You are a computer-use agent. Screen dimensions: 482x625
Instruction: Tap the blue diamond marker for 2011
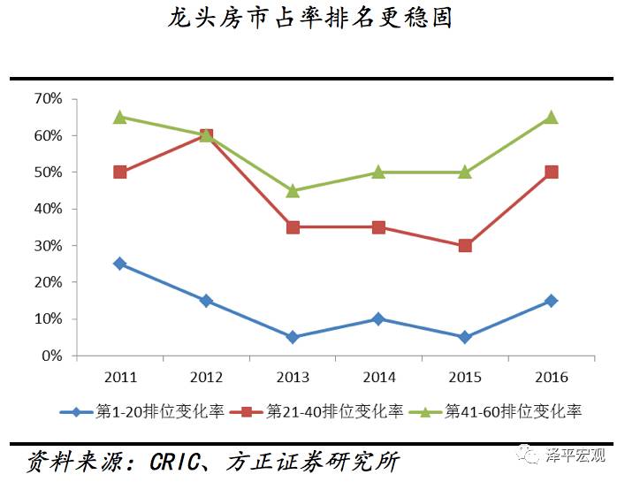coord(120,264)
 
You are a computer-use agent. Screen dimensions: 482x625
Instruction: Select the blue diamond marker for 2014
coord(378,318)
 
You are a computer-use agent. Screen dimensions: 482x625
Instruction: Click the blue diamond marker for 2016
coord(551,301)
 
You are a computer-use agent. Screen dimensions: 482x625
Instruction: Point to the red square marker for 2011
coord(120,172)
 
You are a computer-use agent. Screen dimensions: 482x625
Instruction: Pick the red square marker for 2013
coord(293,227)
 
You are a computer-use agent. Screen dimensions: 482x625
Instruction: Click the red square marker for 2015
coord(465,246)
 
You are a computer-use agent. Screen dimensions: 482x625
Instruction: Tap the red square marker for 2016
coord(551,172)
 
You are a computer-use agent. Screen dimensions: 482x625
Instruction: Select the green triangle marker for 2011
coord(120,117)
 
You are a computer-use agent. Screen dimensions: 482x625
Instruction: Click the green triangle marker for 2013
coord(293,190)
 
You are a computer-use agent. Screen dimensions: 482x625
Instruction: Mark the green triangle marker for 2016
coord(551,117)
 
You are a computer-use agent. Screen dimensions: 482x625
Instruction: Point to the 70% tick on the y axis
coord(48,99)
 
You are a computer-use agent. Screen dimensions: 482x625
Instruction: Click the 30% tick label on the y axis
coord(48,246)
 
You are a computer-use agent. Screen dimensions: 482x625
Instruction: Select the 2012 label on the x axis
coord(206,377)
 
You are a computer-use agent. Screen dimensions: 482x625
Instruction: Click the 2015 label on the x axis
coord(465,377)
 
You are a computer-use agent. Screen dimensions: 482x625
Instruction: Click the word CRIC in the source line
coord(178,462)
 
